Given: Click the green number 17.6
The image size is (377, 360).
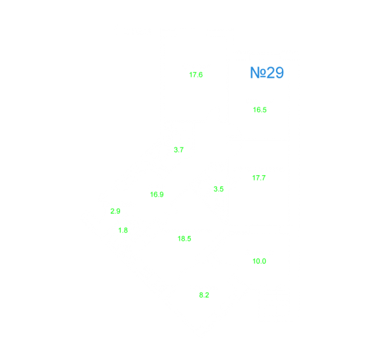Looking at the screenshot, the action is point(196,75).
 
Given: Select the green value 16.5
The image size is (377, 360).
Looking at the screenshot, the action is point(260,110).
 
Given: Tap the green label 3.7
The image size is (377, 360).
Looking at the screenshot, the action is point(178,150).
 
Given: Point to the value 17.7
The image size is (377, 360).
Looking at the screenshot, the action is point(259,178).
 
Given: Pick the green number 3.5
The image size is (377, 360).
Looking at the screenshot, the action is point(218,189).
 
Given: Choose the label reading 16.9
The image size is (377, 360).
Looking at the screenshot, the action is point(157,195).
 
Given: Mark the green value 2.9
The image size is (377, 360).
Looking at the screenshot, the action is point(115,211).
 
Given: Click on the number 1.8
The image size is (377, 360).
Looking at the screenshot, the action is point(123,230).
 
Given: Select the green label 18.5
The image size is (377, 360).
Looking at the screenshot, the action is point(184,239).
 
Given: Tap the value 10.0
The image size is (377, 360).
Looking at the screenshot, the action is point(259,261).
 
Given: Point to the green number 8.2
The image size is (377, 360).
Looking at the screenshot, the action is point(204,295).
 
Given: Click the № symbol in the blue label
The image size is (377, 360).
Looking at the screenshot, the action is point(258,72).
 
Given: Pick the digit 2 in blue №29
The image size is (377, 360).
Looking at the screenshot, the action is point(271,72).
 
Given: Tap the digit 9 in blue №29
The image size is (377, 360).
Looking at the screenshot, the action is point(279,72).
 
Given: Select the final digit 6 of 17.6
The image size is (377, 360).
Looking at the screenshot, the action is point(201,75).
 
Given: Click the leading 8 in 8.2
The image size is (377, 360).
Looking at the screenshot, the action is point(201,295).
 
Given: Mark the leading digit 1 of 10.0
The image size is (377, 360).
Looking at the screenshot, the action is point(254,261).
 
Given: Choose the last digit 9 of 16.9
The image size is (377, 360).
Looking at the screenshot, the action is point(162,195).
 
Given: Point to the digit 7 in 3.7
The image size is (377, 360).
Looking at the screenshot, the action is point(182,150).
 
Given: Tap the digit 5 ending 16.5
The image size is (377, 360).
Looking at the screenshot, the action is point(265,110).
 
